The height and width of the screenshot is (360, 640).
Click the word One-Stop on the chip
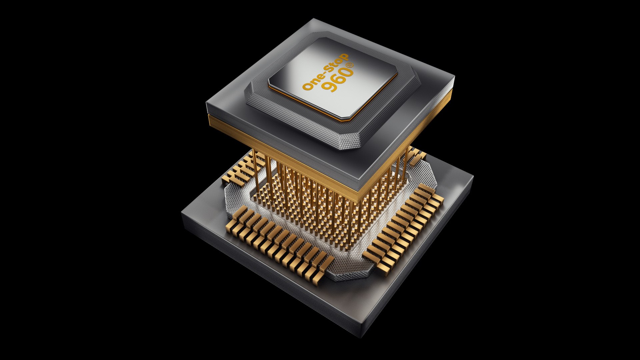[325, 72]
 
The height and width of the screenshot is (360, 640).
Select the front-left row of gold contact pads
[280, 243]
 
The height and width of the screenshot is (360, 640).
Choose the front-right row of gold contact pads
[403, 230]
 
